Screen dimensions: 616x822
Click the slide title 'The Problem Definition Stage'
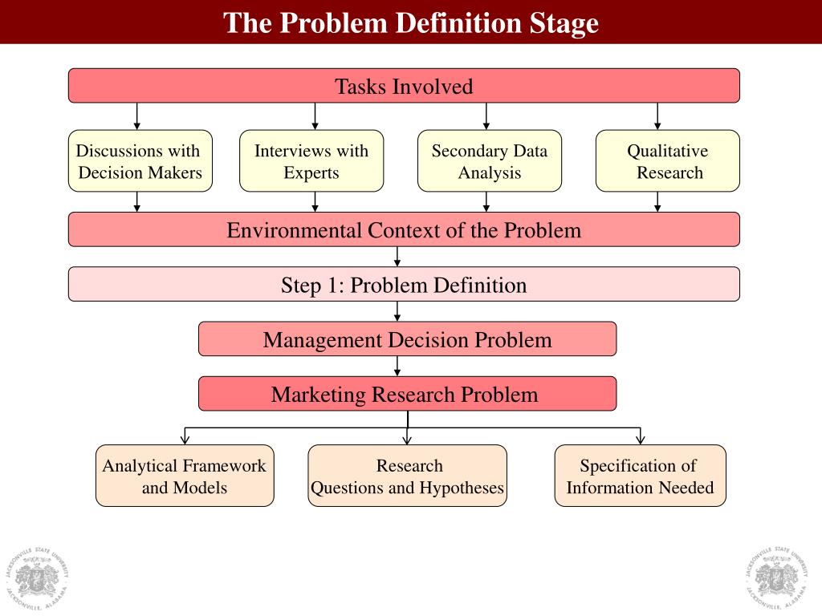[x=411, y=22]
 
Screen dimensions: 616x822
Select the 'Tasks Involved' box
[x=404, y=86]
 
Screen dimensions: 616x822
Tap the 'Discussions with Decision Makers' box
[x=140, y=161]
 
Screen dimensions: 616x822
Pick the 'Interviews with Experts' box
[x=311, y=161]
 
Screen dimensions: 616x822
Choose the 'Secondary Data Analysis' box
[x=490, y=161]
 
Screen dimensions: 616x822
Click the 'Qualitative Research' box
[x=668, y=161]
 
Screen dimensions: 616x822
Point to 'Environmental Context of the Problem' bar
[x=404, y=230]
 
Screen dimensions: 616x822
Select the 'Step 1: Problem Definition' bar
[x=404, y=285]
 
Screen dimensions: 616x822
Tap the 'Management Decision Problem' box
[x=408, y=339]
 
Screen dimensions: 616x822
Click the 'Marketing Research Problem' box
[x=408, y=394]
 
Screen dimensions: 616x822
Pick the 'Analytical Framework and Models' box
[x=185, y=476]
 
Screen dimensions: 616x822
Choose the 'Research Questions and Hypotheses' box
[x=408, y=476]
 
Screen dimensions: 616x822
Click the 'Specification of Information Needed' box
[x=640, y=476]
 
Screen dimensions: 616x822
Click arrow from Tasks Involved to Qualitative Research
[x=657, y=116]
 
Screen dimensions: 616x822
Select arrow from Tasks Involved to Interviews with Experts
[x=315, y=116]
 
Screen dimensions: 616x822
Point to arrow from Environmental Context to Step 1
[x=397, y=257]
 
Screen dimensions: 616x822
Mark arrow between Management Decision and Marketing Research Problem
[x=397, y=366]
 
